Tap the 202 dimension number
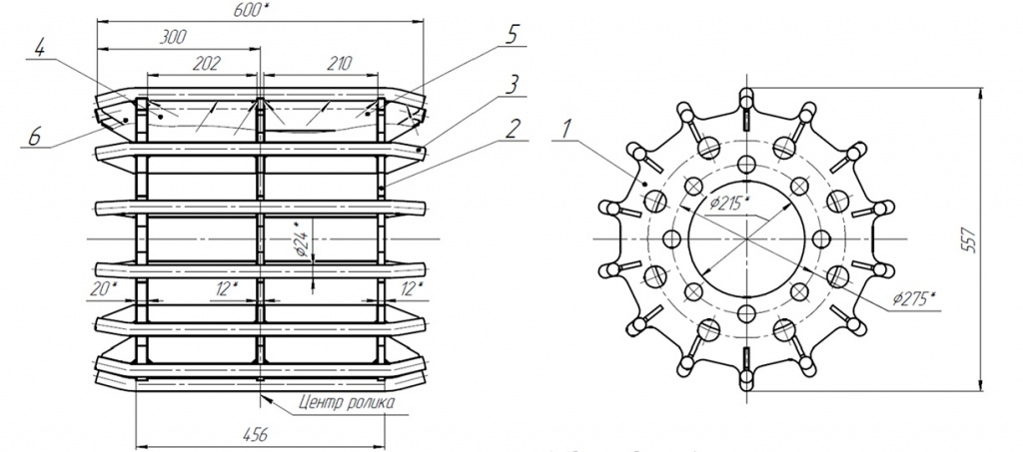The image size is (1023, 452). click(208, 64)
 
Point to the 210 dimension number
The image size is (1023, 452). click(340, 64)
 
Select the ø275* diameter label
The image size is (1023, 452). click(913, 299)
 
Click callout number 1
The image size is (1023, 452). click(566, 129)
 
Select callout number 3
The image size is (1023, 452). click(512, 84)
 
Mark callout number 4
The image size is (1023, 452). click(39, 48)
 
